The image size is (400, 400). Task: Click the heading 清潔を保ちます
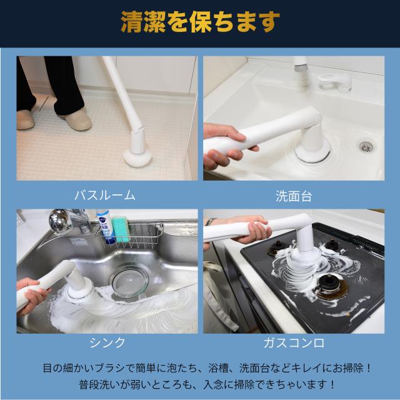pos(199,22)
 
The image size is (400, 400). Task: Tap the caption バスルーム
pos(104,195)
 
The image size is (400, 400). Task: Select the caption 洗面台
pos(294,196)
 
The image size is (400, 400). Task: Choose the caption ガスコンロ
pos(294,342)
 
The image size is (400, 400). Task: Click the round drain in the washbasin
pos(366,146)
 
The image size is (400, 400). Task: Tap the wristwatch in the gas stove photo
pos(211,221)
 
